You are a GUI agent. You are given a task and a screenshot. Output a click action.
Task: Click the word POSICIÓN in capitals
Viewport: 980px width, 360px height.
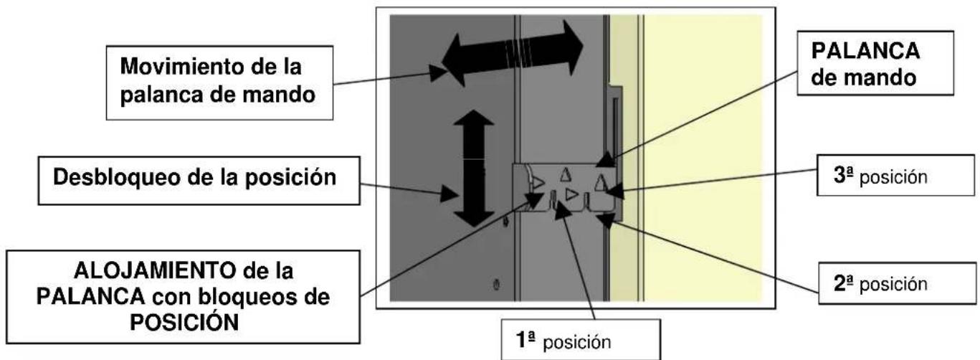pyautogui.click(x=181, y=320)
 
